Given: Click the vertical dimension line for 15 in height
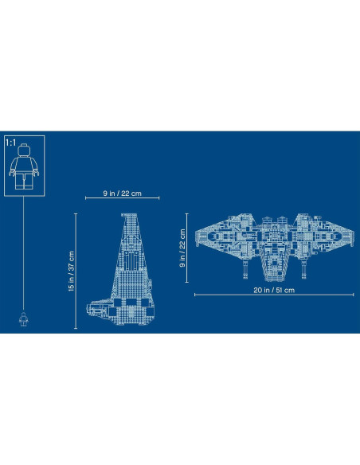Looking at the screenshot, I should (x=77, y=271).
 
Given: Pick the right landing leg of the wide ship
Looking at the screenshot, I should (x=303, y=275).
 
